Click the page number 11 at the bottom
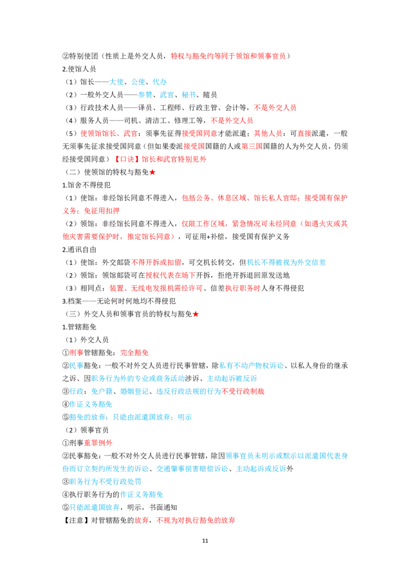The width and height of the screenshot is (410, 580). pyautogui.click(x=205, y=541)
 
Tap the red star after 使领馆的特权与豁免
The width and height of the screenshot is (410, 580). pyautogui.click(x=152, y=172)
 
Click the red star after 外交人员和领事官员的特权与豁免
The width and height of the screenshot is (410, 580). pyautogui.click(x=196, y=315)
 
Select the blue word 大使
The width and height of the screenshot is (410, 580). pyautogui.click(x=116, y=82)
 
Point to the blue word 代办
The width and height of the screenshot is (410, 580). pyautogui.click(x=160, y=82)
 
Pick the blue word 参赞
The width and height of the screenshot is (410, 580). pyautogui.click(x=146, y=95)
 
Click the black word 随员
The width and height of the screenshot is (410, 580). pyautogui.click(x=210, y=95)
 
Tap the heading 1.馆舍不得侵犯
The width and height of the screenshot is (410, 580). pyautogui.click(x=86, y=185)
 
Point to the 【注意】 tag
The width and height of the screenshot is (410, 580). pyautogui.click(x=76, y=521)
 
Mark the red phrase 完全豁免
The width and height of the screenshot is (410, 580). pyautogui.click(x=135, y=353)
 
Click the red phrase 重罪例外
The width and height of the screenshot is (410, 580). pyautogui.click(x=98, y=443)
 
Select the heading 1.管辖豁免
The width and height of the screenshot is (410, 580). pyautogui.click(x=79, y=327)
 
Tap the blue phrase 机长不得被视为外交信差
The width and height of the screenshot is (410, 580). pyautogui.click(x=286, y=263)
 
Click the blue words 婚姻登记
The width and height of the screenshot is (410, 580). pyautogui.click(x=134, y=391)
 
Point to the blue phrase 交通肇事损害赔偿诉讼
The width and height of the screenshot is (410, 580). pyautogui.click(x=192, y=469)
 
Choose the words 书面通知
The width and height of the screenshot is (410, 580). pyautogui.click(x=163, y=507)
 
